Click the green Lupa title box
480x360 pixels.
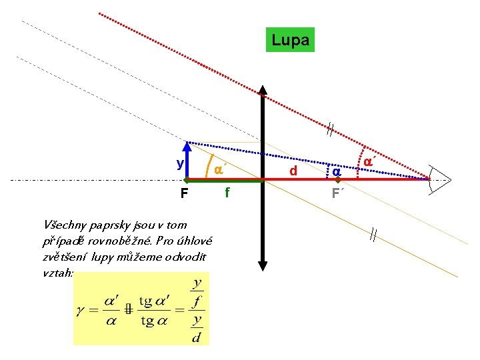click(290, 41)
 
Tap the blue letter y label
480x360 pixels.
click(180, 163)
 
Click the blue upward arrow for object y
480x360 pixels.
click(189, 161)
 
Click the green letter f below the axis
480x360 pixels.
click(227, 193)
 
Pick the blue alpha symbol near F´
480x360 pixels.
click(337, 171)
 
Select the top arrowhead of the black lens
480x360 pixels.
click(264, 92)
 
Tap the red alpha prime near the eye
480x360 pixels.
click(367, 161)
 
